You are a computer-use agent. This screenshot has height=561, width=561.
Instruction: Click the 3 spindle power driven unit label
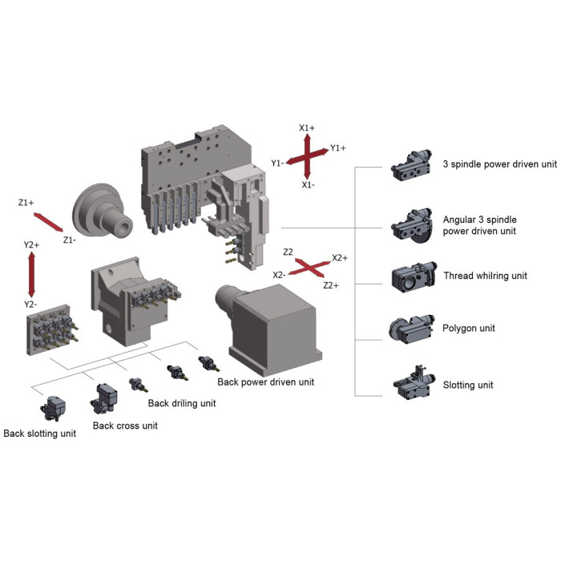click(499, 164)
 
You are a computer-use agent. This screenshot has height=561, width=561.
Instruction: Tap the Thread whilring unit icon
click(414, 277)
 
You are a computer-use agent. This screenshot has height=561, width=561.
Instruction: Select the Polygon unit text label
click(468, 328)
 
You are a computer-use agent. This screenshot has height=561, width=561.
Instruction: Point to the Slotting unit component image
click(414, 383)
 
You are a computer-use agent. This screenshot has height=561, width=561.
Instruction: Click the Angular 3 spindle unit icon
click(412, 226)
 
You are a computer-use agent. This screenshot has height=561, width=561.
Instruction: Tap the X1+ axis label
click(307, 127)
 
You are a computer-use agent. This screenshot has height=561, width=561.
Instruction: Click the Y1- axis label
click(277, 163)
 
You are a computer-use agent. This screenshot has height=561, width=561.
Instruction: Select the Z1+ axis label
click(26, 203)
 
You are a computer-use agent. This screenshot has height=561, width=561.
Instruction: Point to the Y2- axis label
click(30, 305)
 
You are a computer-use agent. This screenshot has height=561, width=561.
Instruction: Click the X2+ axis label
click(340, 258)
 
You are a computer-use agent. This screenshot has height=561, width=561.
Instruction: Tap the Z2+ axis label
click(330, 285)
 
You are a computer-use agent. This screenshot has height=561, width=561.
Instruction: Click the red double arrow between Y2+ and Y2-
click(31, 274)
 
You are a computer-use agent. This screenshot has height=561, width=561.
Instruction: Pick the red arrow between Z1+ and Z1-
click(48, 222)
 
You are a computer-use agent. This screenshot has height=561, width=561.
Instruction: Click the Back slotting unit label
click(40, 434)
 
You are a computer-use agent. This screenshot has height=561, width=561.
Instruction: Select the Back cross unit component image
click(103, 398)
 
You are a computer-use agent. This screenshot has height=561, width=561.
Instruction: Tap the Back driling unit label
click(182, 403)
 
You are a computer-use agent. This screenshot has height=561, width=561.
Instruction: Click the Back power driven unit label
click(266, 381)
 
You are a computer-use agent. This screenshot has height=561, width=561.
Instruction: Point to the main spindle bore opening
click(123, 227)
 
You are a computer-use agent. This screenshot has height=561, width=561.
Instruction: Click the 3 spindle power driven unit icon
click(411, 166)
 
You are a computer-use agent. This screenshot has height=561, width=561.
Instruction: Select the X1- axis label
click(308, 185)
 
